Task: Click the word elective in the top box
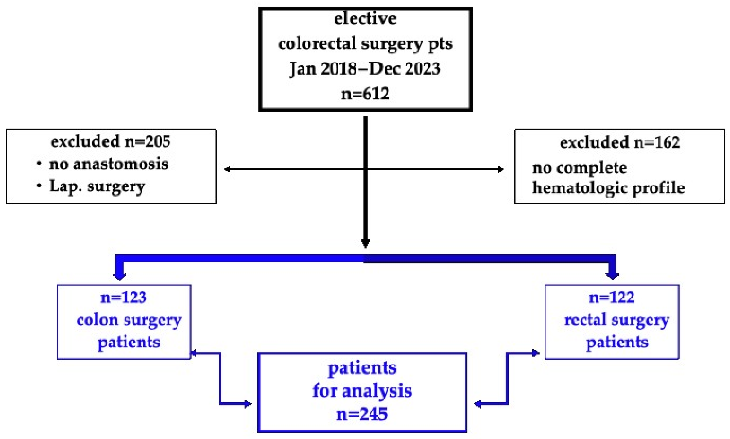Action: pyautogui.click(x=365, y=19)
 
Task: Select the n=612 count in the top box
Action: pyautogui.click(x=365, y=94)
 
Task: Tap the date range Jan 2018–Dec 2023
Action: pyautogui.click(x=365, y=69)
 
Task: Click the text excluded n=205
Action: pyautogui.click(x=111, y=141)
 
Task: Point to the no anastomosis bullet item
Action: pyautogui.click(x=109, y=164)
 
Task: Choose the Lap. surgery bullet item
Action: pyautogui.click(x=97, y=186)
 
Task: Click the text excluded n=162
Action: pyautogui.click(x=620, y=143)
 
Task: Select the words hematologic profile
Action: pyautogui.click(x=609, y=188)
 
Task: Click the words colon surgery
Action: pyautogui.click(x=129, y=320)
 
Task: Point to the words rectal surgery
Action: pyautogui.click(x=617, y=320)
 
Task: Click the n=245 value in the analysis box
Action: pyautogui.click(x=362, y=414)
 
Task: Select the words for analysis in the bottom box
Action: pyautogui.click(x=362, y=391)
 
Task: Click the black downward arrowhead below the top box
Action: pyautogui.click(x=366, y=243)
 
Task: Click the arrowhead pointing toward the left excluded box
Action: pyautogui.click(x=227, y=169)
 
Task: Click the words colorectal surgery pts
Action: pyautogui.click(x=365, y=44)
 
